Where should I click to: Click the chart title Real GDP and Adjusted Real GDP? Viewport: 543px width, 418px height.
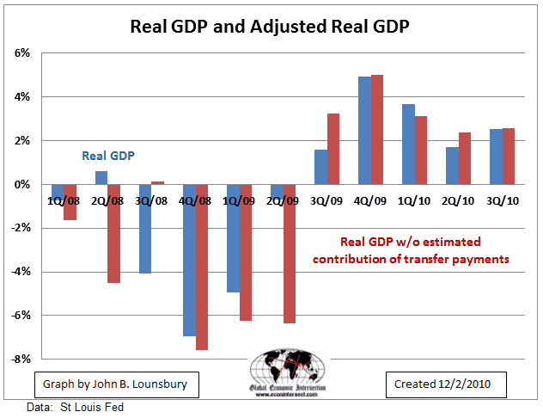coord(270,25)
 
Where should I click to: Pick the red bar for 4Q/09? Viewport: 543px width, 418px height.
coord(376,129)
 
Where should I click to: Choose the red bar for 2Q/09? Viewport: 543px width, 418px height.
coord(289,254)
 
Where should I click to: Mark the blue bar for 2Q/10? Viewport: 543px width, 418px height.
coord(452,165)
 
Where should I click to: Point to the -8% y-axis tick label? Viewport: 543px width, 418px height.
coord(20,359)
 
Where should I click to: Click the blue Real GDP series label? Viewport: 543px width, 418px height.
coord(109,156)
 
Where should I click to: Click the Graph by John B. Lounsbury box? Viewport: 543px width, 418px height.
coord(108,382)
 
